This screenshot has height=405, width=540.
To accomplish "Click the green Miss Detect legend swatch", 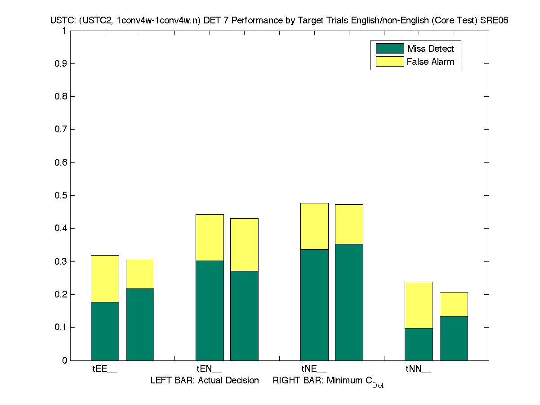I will pyautogui.click(x=389, y=49).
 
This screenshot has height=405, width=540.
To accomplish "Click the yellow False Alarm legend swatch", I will pyautogui.click(x=389, y=62).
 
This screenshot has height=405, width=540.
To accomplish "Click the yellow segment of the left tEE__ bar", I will pyautogui.click(x=105, y=279).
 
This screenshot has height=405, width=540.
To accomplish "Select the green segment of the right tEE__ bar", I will pyautogui.click(x=140, y=324).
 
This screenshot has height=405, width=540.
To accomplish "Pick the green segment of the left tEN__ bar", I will pyautogui.click(x=210, y=310).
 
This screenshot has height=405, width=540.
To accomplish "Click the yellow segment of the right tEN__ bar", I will pyautogui.click(x=244, y=244).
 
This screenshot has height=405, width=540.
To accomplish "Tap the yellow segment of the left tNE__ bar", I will pyautogui.click(x=314, y=226).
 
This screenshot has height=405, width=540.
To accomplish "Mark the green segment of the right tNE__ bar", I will pyautogui.click(x=349, y=302).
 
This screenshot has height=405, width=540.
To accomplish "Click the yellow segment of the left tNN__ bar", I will pyautogui.click(x=419, y=305).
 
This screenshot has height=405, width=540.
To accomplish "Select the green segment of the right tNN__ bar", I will pyautogui.click(x=454, y=338).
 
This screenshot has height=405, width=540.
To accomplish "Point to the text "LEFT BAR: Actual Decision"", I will pyautogui.click(x=205, y=381).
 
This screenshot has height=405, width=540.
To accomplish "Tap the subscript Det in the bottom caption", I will pyautogui.click(x=378, y=386).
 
